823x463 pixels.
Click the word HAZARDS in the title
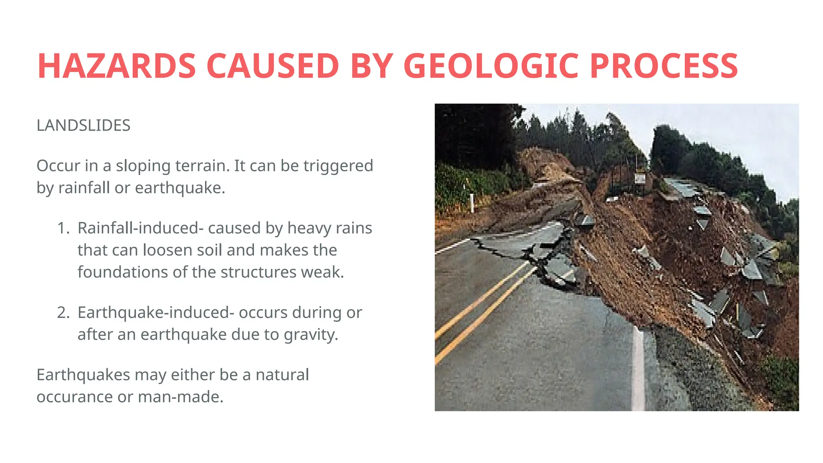(117, 66)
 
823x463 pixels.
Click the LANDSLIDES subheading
(83, 125)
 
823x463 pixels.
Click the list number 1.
(63, 228)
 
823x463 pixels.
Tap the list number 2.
(63, 312)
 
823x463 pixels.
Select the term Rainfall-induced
(138, 228)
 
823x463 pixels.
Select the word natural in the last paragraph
(282, 375)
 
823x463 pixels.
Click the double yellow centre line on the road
(482, 309)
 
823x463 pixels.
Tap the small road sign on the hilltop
(640, 178)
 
